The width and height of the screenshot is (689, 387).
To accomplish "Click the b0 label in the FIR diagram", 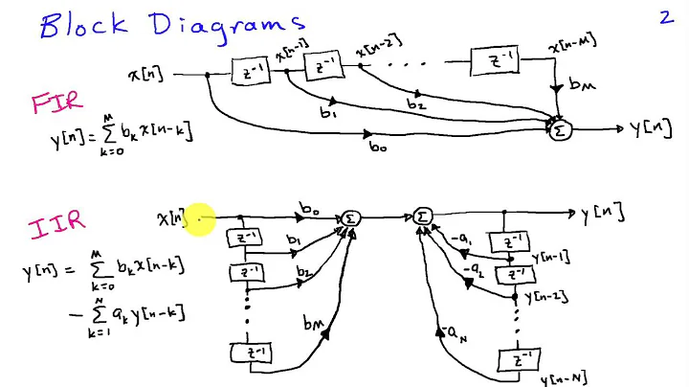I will click(x=379, y=148).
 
